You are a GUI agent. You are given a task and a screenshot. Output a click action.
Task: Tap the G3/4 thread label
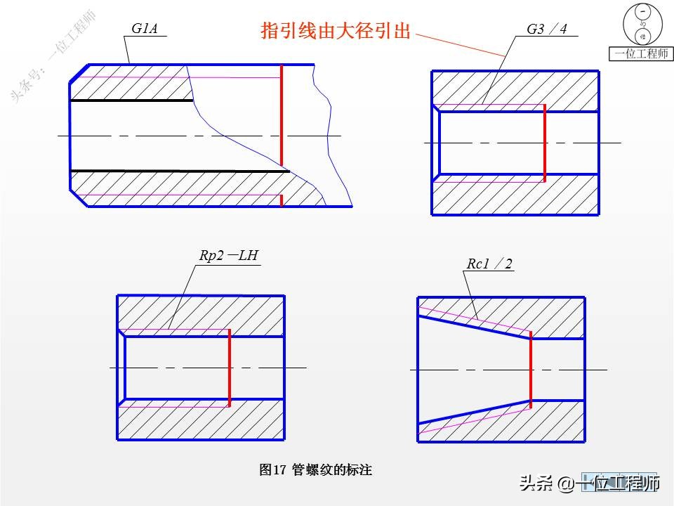click(546, 29)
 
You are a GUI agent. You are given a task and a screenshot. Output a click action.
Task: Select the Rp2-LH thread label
click(229, 256)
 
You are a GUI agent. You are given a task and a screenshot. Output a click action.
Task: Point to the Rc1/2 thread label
click(489, 264)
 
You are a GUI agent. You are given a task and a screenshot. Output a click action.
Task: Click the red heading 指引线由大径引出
click(335, 31)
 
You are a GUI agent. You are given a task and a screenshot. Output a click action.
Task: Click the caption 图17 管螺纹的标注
click(315, 469)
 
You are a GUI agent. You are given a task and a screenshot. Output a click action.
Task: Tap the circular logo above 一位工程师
click(642, 25)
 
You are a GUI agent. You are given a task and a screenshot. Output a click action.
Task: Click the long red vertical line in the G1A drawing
click(281, 116)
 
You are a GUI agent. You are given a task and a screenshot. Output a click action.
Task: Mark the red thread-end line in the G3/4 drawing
click(544, 143)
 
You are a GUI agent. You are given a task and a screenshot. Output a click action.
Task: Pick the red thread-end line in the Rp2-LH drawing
click(230, 368)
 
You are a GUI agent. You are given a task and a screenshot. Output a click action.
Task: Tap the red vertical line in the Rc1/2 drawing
click(530, 369)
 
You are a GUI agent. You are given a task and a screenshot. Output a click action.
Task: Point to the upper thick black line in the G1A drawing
click(131, 100)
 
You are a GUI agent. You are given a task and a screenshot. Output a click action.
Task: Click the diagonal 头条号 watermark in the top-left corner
click(53, 56)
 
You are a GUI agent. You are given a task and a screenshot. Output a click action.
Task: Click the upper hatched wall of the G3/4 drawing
click(515, 88)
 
